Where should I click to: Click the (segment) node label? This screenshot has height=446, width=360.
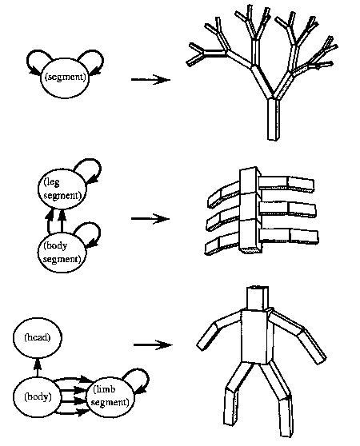pos(65,77)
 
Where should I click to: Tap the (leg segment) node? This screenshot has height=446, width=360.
pos(62,189)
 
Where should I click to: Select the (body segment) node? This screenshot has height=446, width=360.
pos(62,253)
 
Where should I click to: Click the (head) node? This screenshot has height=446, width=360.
pos(38,337)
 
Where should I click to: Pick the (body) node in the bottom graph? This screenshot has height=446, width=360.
pos(38,396)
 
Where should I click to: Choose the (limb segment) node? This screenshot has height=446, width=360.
pos(110,396)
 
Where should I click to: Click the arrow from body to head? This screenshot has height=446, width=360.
pos(37,367)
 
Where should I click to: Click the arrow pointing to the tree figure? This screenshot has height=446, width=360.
pos(150,79)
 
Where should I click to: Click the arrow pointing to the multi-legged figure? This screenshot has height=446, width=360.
pos(150,219)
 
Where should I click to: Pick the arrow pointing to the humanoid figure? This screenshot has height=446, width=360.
pos(153,344)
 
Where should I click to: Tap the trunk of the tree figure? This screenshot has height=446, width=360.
pos(273,119)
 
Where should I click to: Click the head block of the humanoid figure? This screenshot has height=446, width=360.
pos(258,298)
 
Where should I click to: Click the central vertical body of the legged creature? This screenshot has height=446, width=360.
pos(250,210)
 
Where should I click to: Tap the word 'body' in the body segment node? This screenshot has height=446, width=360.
pos(55,246)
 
